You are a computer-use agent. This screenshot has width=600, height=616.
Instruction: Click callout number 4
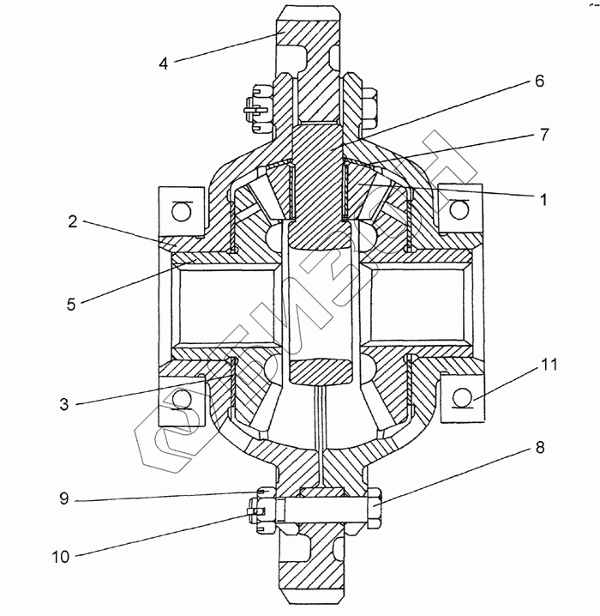pyautogui.click(x=165, y=63)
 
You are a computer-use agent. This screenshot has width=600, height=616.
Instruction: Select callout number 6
pyautogui.click(x=539, y=82)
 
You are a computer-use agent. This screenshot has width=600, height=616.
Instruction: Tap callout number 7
pyautogui.click(x=543, y=135)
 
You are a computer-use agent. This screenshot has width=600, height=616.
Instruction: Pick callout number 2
pyautogui.click(x=73, y=220)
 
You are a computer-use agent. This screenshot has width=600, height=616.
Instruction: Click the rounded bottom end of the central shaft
pyautogui.click(x=320, y=371)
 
